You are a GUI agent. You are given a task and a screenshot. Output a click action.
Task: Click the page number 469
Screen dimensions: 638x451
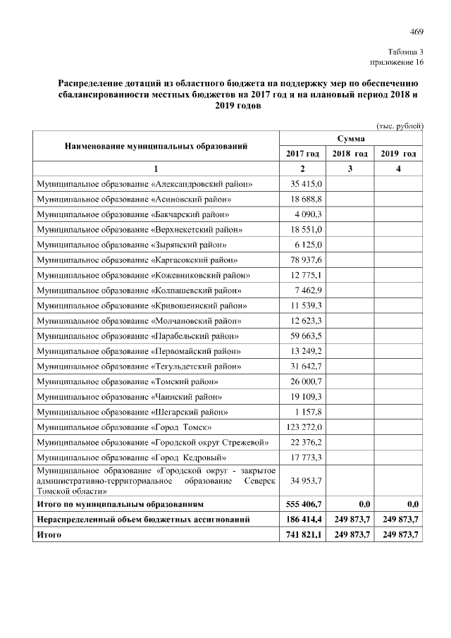[416, 31]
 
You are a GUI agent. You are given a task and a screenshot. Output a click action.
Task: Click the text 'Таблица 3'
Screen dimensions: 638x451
[405, 52]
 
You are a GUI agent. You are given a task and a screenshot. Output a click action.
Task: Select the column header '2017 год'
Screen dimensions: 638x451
[302, 154]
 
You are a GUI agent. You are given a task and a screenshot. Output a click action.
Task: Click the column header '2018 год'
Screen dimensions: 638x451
[350, 154]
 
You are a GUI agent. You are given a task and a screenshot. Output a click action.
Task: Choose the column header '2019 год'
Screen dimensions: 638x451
[398, 154]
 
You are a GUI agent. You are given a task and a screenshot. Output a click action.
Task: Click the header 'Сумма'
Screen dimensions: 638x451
[350, 139]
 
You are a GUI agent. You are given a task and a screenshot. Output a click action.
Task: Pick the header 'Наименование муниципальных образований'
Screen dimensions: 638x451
[156, 147]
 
